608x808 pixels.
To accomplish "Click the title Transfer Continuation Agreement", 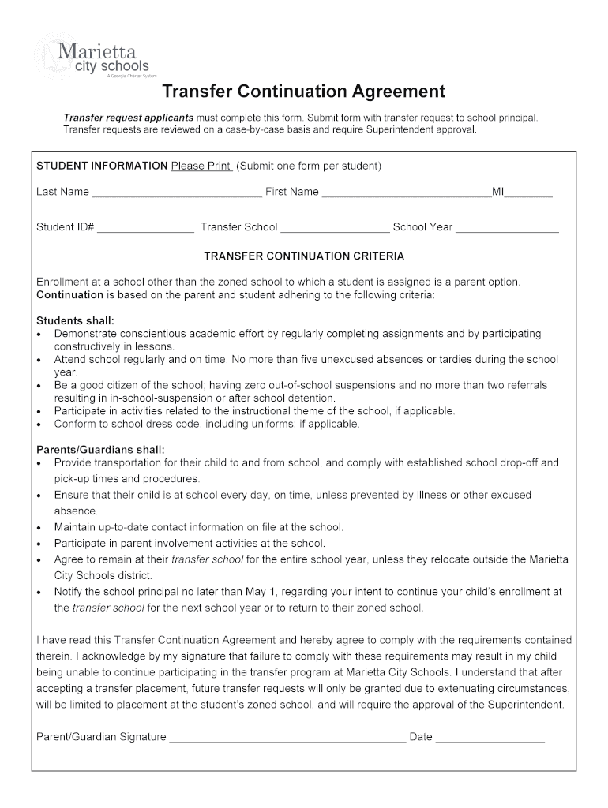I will click(304, 92).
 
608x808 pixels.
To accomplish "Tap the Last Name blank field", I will click(176, 193).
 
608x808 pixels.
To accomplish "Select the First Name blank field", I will click(406, 193).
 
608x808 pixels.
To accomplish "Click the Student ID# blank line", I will click(145, 228).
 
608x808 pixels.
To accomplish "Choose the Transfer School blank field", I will click(335, 228).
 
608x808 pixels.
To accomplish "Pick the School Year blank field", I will click(507, 228).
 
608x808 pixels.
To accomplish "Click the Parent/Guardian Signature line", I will click(287, 738).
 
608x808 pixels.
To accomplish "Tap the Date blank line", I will click(490, 738).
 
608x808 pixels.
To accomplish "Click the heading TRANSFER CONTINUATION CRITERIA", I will click(304, 256).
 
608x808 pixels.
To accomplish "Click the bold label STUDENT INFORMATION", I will click(102, 166).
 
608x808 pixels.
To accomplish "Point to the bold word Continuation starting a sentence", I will click(70, 295).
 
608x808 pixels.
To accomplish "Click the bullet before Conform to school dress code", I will click(39, 425).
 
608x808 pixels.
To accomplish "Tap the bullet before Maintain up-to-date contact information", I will click(39, 527).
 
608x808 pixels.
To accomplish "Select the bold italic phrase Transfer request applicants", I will click(128, 118).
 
